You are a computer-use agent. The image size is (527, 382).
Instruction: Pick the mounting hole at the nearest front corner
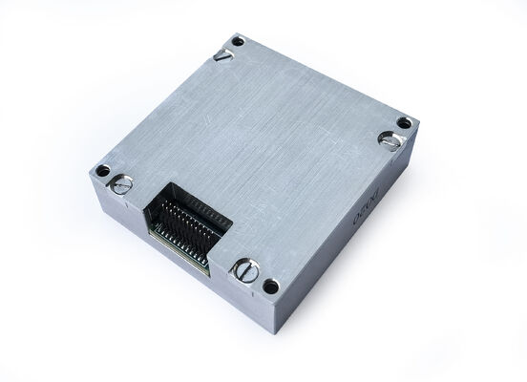271,286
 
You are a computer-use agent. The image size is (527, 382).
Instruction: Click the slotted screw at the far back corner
223,54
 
